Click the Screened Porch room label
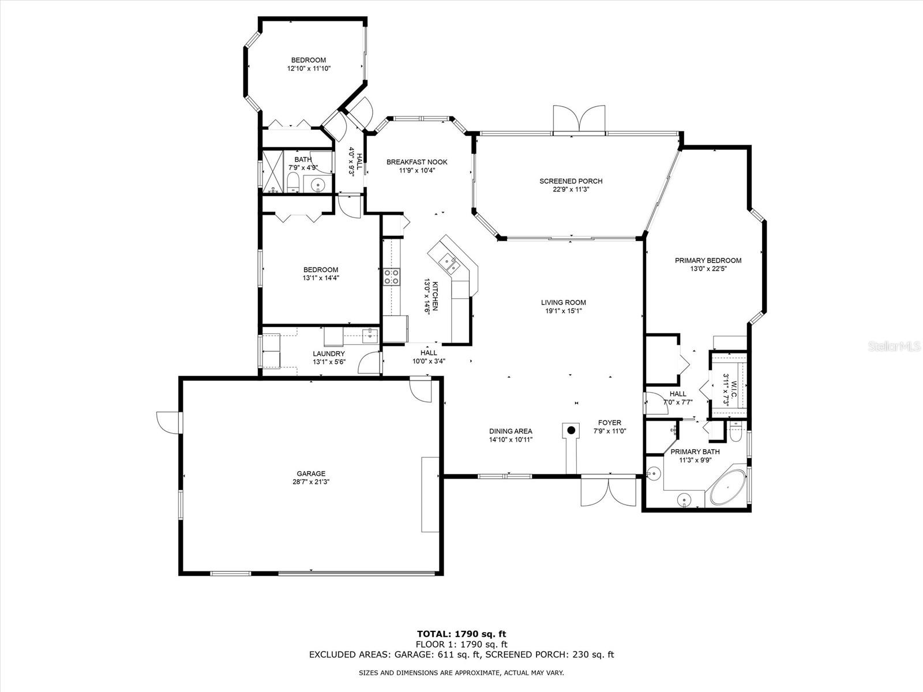point(571,181)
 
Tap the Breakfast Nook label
point(417,162)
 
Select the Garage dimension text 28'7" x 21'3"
point(311,482)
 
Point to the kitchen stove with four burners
point(392,277)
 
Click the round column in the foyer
point(571,430)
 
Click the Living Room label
point(564,303)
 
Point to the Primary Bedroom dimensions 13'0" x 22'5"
point(708,269)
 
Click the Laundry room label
point(329,353)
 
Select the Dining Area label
point(511,431)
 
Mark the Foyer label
point(610,423)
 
